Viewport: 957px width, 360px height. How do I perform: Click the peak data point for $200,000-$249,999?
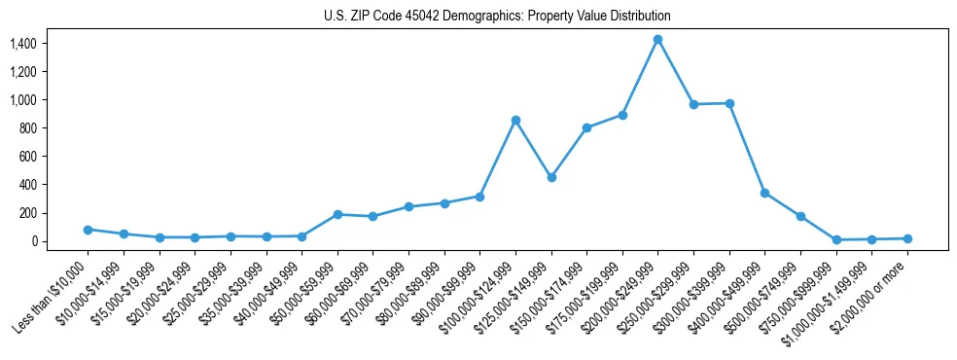click(x=658, y=39)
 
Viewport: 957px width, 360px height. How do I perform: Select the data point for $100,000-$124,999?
click(x=515, y=120)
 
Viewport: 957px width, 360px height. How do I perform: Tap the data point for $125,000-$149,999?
click(x=551, y=177)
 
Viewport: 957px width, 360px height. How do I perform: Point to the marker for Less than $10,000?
click(x=88, y=230)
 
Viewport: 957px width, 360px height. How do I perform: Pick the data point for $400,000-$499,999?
click(x=765, y=193)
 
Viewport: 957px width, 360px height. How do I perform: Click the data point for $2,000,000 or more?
click(x=907, y=238)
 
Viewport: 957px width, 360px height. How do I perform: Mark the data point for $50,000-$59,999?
click(x=337, y=214)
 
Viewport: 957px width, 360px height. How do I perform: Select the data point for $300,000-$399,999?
click(x=729, y=103)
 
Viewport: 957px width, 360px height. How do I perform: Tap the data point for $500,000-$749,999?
click(x=800, y=216)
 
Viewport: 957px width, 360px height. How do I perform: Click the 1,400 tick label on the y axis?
click(x=22, y=44)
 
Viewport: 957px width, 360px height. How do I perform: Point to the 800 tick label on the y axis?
click(x=27, y=128)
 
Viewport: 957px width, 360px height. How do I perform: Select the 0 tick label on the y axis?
click(x=33, y=241)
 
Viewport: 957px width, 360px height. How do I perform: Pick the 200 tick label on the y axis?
click(x=27, y=213)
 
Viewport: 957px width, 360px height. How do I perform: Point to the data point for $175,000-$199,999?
click(x=622, y=115)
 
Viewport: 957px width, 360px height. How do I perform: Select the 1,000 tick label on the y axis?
click(x=22, y=100)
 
